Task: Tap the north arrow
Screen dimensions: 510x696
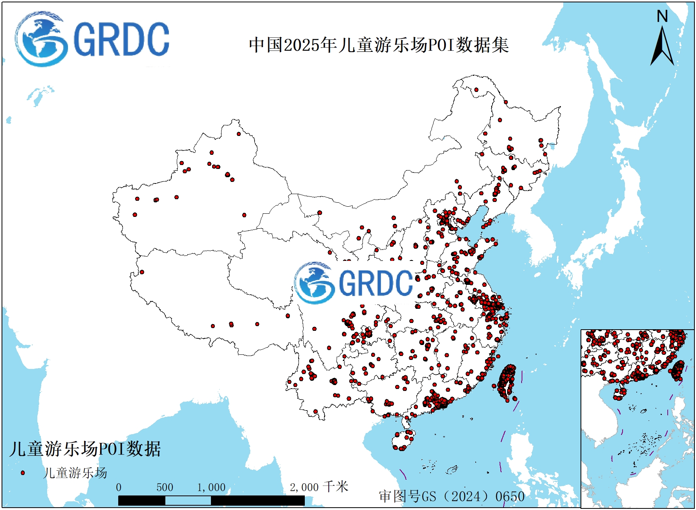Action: click(662, 47)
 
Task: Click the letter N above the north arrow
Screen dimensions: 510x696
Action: click(662, 17)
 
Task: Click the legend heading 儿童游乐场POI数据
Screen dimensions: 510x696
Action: click(85, 449)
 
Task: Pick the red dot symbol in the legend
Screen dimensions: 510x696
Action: click(23, 473)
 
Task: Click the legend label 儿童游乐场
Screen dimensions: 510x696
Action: click(75, 473)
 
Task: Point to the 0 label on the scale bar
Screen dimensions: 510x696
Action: click(119, 488)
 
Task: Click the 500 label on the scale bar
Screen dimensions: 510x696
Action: click(165, 488)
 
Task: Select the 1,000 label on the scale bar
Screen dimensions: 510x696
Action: click(211, 488)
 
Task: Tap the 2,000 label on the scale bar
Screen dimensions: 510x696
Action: click(304, 488)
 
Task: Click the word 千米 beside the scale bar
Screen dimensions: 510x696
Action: click(336, 487)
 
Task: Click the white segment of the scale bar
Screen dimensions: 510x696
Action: click(188, 501)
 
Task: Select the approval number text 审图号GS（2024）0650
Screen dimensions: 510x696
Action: click(452, 496)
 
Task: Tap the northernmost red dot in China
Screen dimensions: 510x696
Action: click(476, 90)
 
